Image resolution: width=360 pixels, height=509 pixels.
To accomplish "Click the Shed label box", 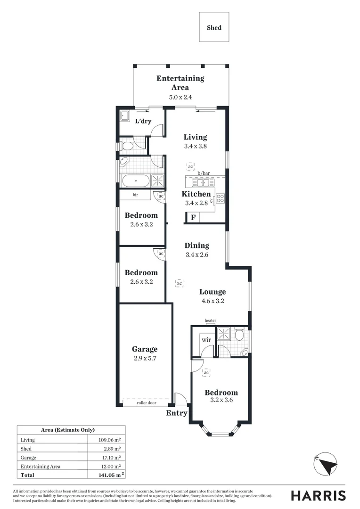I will (x=214, y=28).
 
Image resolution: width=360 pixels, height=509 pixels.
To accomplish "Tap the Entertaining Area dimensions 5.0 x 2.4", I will (x=180, y=97).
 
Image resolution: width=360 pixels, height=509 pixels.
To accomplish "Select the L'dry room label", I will (x=143, y=122).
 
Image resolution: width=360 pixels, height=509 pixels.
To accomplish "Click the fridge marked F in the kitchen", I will (x=192, y=218).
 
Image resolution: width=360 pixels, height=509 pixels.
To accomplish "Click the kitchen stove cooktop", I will (x=220, y=199).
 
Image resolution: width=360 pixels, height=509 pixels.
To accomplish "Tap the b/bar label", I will (x=204, y=173).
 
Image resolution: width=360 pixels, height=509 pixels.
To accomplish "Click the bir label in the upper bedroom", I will (x=135, y=195).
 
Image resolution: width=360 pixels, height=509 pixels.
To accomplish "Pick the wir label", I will (x=206, y=339).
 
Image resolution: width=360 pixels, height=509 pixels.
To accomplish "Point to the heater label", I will (x=210, y=321).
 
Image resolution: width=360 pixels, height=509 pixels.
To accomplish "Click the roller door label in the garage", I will (x=146, y=403).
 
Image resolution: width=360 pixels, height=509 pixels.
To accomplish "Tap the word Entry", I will (x=177, y=413).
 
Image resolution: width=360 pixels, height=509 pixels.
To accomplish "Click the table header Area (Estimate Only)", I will (x=68, y=430).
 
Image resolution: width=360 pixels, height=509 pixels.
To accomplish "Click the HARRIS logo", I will (x=318, y=496).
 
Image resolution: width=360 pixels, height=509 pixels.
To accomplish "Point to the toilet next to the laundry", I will (x=126, y=146).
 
